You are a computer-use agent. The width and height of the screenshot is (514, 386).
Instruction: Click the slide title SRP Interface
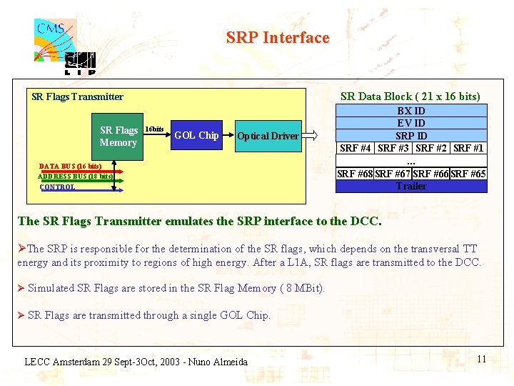point(278,37)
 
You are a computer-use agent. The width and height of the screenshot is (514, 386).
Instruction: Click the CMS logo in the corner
point(55,39)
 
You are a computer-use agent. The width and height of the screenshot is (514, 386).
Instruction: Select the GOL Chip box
point(196,135)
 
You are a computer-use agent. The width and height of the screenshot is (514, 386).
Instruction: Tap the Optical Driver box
point(268,136)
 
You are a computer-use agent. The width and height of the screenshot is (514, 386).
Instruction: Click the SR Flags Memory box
point(119,136)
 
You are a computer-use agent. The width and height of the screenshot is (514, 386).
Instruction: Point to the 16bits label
point(154,129)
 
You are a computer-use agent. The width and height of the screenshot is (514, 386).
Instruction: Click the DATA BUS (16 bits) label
point(70,166)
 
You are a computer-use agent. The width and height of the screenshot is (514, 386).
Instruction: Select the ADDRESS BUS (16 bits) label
point(75,176)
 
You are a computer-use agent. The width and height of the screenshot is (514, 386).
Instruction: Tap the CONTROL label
point(57,187)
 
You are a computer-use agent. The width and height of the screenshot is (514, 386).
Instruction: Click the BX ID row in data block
point(411,111)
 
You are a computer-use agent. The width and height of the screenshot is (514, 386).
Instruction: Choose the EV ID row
point(411,123)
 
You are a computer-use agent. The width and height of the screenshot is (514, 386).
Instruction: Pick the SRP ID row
point(411,136)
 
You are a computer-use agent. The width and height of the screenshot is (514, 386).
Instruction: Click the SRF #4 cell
point(355,148)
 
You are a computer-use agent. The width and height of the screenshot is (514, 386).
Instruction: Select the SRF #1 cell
point(468,148)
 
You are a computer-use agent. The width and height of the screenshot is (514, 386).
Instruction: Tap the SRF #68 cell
point(355,174)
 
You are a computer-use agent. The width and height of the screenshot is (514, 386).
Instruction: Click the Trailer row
point(411,186)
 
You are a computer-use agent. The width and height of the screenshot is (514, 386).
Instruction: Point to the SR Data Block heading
point(410,96)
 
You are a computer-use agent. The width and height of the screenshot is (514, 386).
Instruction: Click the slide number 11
point(481,359)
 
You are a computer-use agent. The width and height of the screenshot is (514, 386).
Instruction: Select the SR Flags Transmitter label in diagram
point(77,96)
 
